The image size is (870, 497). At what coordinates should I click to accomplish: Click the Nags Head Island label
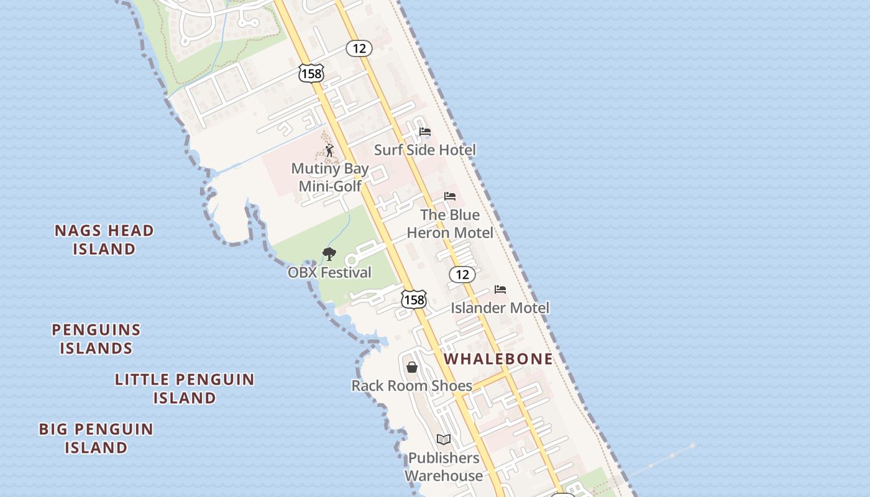point(104,240)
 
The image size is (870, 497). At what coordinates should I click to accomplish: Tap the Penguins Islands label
point(96,339)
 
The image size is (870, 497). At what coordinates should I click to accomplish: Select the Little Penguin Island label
point(185,388)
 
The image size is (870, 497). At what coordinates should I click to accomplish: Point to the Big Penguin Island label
point(96,438)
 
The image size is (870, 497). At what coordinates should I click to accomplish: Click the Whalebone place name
point(498,359)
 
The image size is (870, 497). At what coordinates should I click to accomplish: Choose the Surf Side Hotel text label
point(425,150)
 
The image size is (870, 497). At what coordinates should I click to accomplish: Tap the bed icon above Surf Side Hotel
point(425,132)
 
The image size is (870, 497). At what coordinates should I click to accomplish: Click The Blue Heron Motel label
point(450,224)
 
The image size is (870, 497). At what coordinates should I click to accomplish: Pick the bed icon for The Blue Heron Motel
point(450,197)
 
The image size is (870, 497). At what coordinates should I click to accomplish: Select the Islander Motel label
point(500,308)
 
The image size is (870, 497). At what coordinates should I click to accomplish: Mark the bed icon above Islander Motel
point(500,290)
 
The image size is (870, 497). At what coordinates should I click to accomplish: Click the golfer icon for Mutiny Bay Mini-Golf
point(329,150)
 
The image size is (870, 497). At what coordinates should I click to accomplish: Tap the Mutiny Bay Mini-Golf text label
point(330,177)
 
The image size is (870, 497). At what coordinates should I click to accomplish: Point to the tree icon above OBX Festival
point(329,253)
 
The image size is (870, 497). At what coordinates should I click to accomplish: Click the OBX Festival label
point(329,272)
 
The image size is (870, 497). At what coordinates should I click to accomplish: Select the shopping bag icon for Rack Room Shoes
point(412,367)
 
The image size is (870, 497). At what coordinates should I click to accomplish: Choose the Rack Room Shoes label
point(412,386)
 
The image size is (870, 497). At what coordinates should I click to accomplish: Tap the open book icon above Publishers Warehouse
point(443,440)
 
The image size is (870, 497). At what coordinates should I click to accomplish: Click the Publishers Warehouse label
point(444,467)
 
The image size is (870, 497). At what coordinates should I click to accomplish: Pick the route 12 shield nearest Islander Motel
point(462,275)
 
